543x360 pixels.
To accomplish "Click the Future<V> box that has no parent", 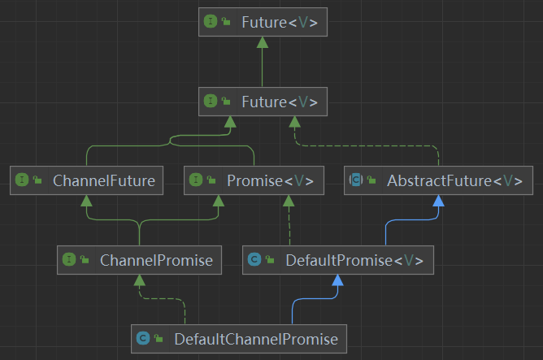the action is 263,22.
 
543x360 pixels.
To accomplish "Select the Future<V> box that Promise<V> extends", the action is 263,102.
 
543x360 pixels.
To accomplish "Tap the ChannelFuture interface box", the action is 86,180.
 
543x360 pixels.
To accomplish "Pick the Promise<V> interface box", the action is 254,180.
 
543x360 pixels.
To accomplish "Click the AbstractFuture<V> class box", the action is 438,180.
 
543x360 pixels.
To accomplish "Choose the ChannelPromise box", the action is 140,260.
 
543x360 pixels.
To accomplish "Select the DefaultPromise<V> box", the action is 338,260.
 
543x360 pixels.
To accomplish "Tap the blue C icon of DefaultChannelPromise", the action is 143,338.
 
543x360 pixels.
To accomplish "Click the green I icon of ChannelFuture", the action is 22,180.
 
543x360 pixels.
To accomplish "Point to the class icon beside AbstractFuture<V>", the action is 355,180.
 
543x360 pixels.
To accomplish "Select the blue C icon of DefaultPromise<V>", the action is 254,260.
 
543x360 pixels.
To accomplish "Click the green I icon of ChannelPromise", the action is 69,260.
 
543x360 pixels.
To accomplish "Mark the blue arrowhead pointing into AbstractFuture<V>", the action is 438,201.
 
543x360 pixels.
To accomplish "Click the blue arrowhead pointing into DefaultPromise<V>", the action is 337,280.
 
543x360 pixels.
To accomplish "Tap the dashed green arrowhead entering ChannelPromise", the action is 140,280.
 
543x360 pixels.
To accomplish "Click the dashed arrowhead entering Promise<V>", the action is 289,201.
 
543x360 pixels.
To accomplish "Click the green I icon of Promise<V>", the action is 195,180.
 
